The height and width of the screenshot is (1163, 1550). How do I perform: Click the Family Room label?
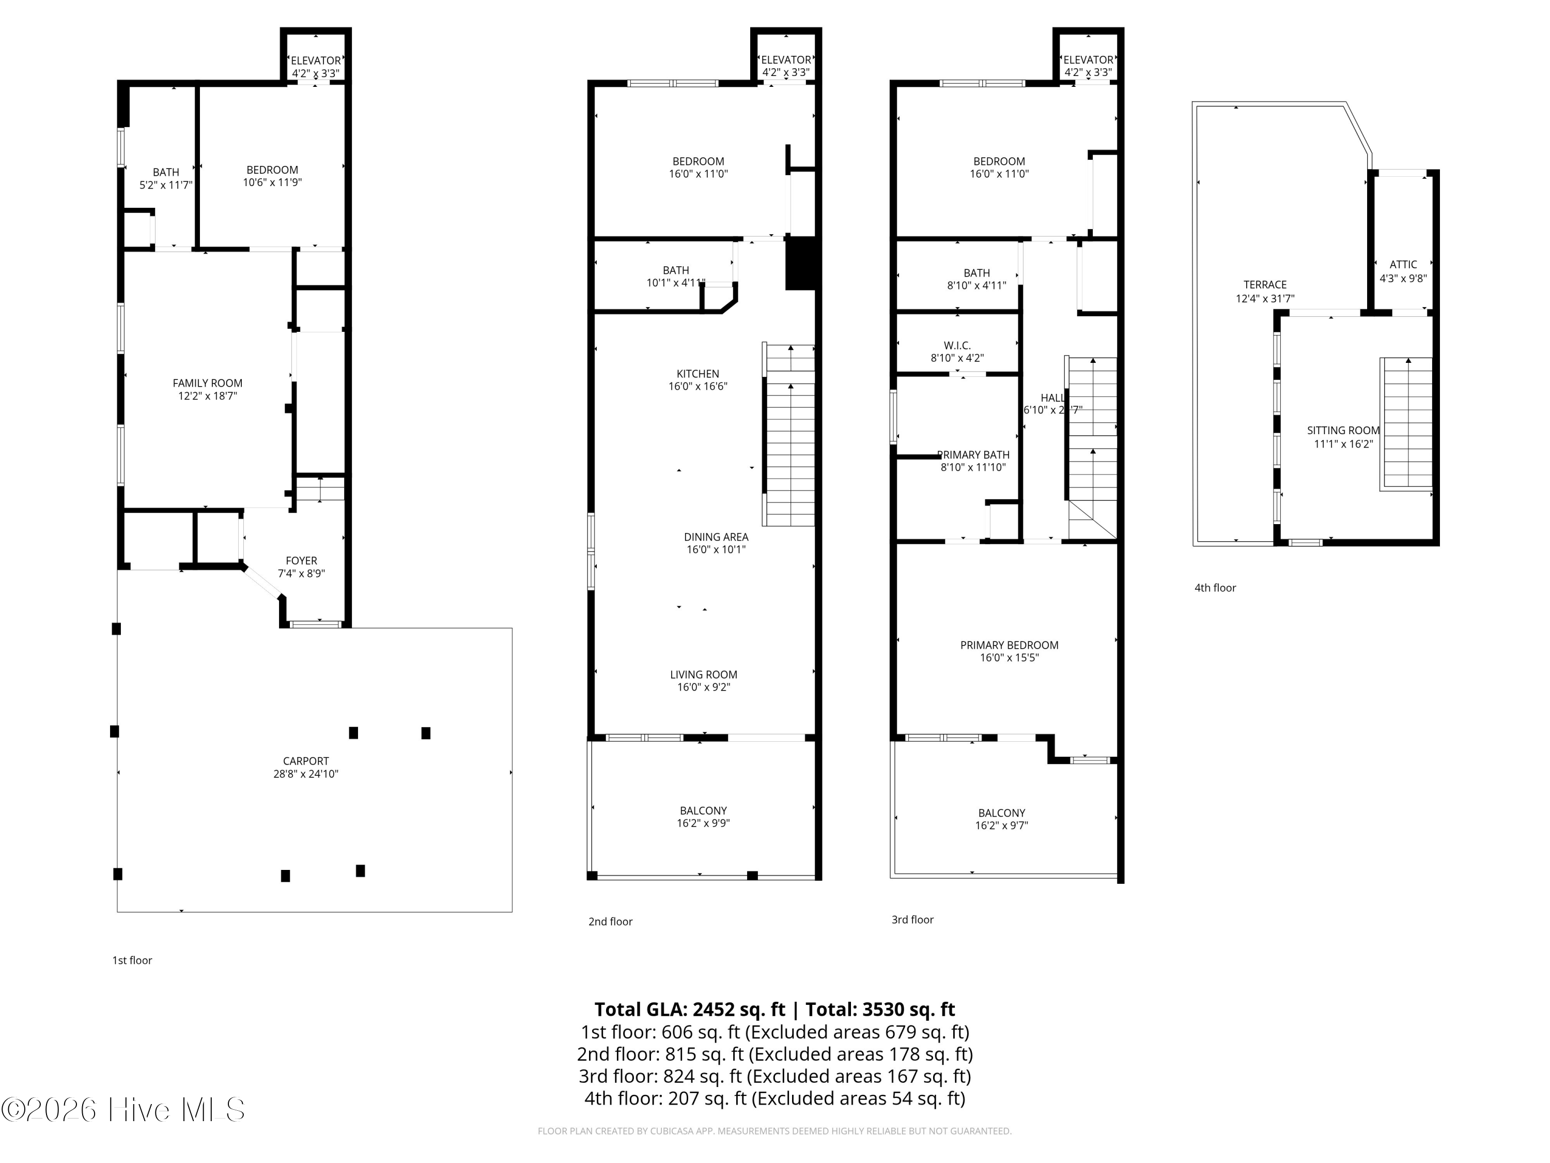[x=207, y=383]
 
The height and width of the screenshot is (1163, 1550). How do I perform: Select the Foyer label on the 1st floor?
[x=301, y=561]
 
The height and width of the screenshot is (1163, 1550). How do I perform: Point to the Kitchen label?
[x=698, y=374]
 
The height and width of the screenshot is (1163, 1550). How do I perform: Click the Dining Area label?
[x=716, y=537]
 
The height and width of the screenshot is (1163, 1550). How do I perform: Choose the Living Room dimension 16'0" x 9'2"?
[x=704, y=687]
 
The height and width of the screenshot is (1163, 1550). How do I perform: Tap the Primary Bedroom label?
[x=1009, y=645]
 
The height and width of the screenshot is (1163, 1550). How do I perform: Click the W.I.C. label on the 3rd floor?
[x=957, y=346]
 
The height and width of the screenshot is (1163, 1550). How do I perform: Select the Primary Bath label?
[x=973, y=455]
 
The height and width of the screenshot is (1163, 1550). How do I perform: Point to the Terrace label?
[x=1265, y=285]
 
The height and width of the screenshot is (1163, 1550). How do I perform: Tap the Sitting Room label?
[x=1343, y=431]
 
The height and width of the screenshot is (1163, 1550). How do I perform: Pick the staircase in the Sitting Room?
[x=1406, y=424]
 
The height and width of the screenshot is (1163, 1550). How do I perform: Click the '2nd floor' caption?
[x=610, y=921]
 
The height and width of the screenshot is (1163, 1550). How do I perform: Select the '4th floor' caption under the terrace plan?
[x=1215, y=588]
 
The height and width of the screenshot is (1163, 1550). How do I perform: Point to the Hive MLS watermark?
[x=123, y=1110]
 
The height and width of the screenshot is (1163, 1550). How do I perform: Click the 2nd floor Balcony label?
[x=704, y=810]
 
